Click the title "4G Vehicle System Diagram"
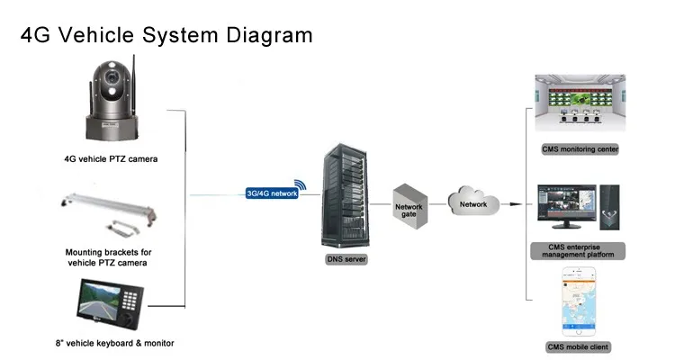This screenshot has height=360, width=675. click(x=166, y=35)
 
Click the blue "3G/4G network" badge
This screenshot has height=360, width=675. click(x=271, y=193)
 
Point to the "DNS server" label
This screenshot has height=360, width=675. click(x=346, y=259)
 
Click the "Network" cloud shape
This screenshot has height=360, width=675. click(x=473, y=203)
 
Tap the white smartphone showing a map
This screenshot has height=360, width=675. click(x=580, y=301)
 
